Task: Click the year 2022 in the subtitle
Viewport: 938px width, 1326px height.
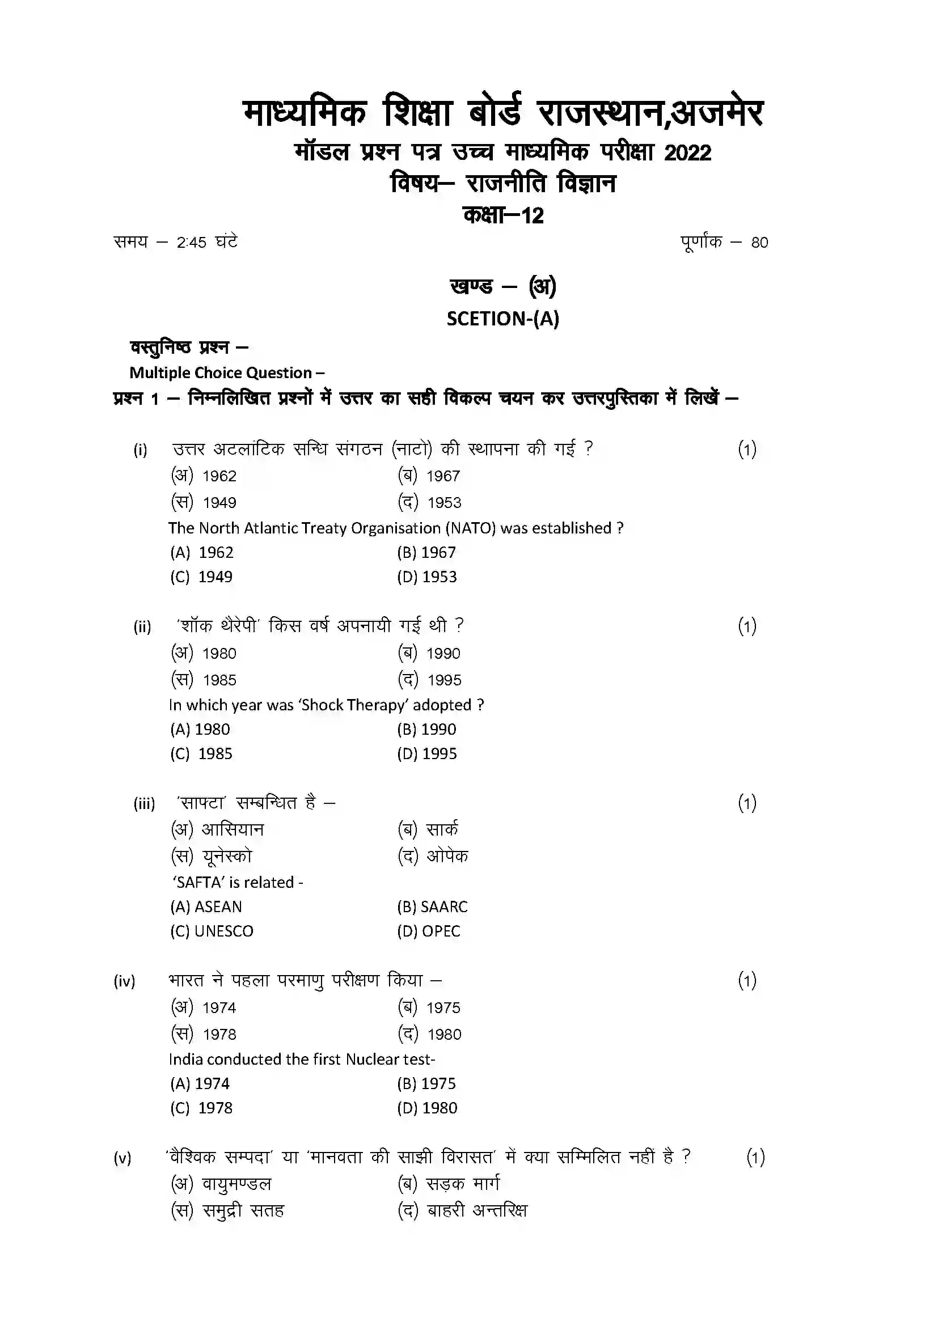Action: (687, 153)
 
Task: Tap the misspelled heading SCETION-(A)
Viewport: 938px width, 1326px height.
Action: (502, 319)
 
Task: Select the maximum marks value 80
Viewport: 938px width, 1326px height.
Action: (759, 243)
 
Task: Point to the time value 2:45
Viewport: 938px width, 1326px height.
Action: (191, 243)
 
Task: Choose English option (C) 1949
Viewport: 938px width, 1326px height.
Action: (201, 577)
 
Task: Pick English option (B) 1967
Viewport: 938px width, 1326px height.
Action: (426, 552)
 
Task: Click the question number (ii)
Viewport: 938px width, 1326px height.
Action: (142, 626)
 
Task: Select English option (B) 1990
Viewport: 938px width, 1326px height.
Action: (426, 729)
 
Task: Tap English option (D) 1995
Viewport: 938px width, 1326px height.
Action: (427, 753)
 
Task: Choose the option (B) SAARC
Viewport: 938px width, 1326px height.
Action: (432, 906)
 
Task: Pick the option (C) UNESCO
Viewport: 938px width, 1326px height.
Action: (212, 930)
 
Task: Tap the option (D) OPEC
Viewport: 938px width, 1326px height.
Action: (429, 930)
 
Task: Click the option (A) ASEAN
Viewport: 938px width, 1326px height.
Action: (206, 906)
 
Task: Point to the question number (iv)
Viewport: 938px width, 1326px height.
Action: (124, 981)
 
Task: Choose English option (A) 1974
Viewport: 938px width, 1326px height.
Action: (200, 1083)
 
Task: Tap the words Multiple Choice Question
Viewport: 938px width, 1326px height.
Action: (221, 372)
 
